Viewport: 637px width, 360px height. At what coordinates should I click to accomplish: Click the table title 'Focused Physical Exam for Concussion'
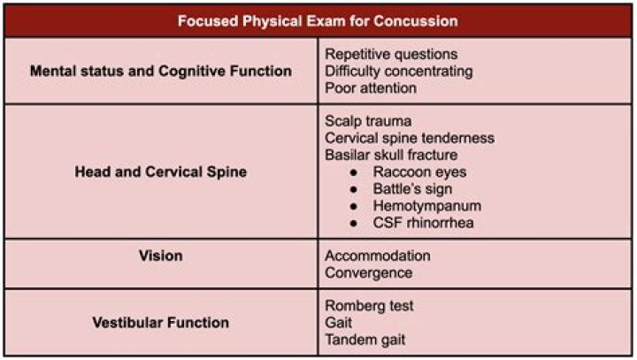coord(318,21)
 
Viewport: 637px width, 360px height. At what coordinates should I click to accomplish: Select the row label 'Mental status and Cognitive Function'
coord(161,71)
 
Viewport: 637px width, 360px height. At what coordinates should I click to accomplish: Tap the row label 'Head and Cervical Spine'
coord(161,172)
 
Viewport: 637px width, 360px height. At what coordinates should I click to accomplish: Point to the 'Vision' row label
coord(161,256)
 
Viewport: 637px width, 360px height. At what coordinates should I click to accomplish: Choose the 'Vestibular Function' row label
coord(161,323)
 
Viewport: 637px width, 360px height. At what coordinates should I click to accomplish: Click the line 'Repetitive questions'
coord(391,55)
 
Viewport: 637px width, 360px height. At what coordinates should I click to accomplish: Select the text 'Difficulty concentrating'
coord(399,72)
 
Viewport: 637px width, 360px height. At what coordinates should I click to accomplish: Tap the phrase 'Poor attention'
coord(371,88)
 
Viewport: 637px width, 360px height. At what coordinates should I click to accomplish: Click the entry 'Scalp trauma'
coord(368,121)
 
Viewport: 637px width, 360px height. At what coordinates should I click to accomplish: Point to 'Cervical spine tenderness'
coord(410,138)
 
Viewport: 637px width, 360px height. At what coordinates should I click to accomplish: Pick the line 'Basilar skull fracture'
coord(391,155)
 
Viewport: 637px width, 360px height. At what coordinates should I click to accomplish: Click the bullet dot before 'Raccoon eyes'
coord(354,172)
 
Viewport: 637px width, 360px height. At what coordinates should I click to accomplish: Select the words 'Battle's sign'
coord(412,189)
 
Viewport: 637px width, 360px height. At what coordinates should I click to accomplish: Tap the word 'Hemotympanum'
coord(427,206)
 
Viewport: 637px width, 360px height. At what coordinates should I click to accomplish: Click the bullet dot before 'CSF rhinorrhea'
coord(354,223)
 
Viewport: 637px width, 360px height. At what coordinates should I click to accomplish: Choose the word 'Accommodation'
coord(378,256)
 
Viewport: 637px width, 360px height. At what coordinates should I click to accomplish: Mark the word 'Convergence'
coord(369,273)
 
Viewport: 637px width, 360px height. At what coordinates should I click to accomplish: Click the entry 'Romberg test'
coord(369,306)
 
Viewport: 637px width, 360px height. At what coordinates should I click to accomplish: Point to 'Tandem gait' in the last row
coord(365,340)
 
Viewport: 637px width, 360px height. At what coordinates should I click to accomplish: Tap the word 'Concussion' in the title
coord(416,21)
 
